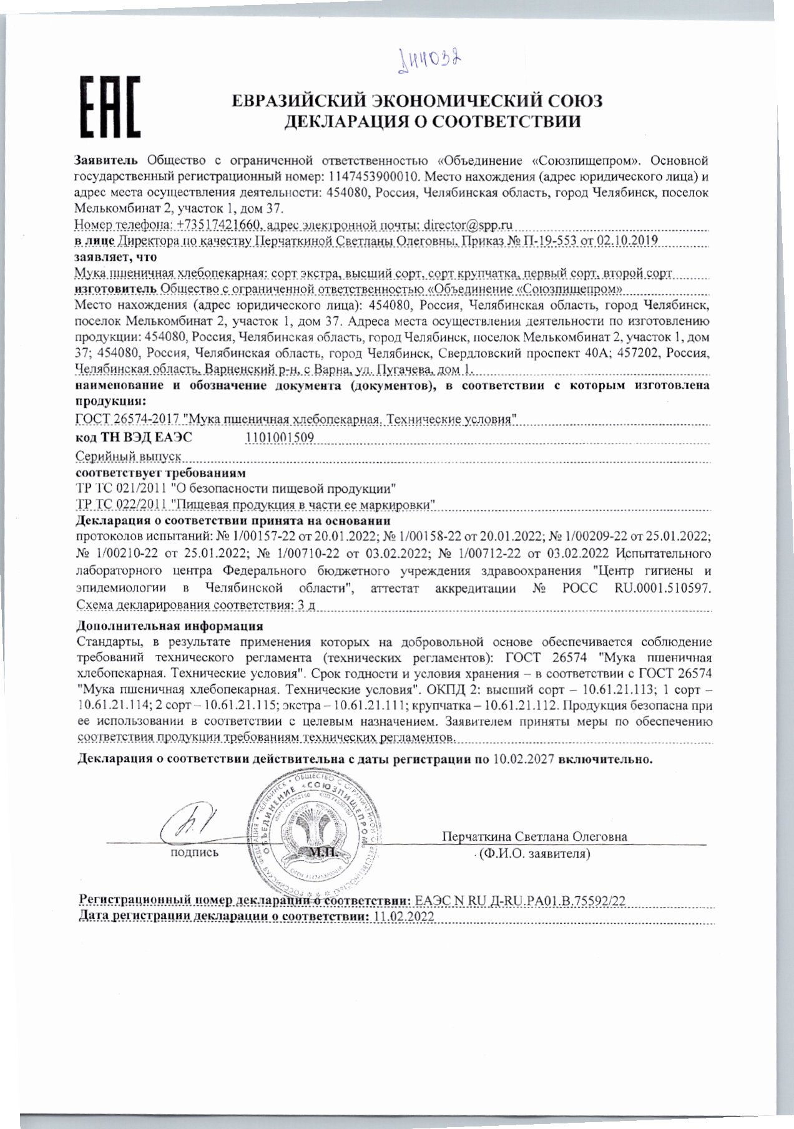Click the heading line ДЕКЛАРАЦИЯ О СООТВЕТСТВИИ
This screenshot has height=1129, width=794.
click(x=433, y=122)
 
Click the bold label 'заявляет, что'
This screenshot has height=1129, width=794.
click(x=115, y=256)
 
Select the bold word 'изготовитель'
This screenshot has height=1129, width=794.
click(x=115, y=289)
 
